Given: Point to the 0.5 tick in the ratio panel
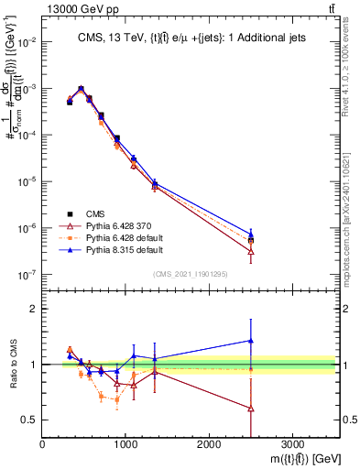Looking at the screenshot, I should (x=29, y=420).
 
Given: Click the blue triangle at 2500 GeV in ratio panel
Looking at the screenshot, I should (x=251, y=341).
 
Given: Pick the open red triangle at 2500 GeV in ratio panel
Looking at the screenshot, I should (x=251, y=409).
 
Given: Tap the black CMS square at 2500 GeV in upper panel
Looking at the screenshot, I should (x=251, y=241).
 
